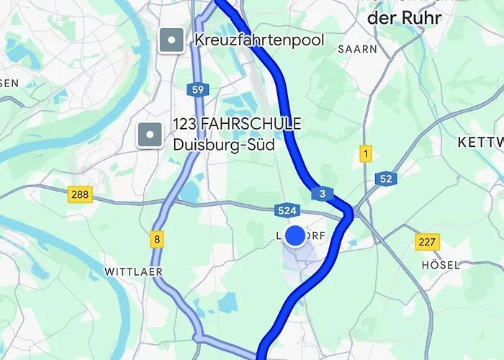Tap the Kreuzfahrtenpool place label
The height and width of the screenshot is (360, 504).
259,40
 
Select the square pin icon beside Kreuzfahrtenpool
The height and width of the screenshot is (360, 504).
171,40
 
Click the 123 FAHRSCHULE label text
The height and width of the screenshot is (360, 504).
237,125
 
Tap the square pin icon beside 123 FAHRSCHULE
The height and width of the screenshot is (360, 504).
150,133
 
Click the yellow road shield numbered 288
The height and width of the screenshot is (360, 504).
81,194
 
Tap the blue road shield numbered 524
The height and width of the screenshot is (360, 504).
287,210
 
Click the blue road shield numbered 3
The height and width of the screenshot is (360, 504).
322,194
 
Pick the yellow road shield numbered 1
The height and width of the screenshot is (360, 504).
366,153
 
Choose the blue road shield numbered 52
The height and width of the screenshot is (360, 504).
386,179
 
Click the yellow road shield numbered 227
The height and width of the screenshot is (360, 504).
427,242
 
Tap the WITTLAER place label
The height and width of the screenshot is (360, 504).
134,271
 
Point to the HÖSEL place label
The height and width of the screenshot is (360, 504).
441,265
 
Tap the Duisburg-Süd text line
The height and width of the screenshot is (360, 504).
224,144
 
